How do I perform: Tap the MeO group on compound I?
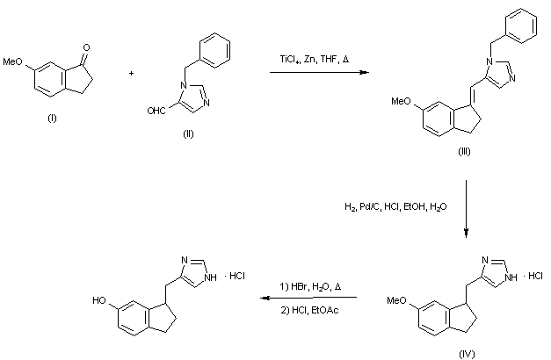coord(15,62)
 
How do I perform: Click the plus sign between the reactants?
coord(131,75)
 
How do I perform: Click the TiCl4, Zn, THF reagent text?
coord(314,59)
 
